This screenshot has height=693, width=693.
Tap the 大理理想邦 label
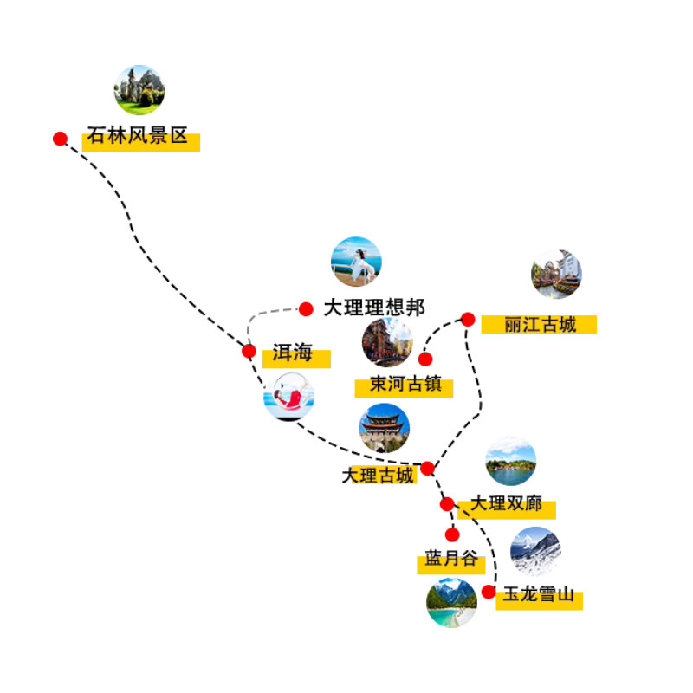tap(374, 308)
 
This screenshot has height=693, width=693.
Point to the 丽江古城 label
tap(541, 325)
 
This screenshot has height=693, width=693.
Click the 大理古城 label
tap(378, 476)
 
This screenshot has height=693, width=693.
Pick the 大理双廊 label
tap(507, 503)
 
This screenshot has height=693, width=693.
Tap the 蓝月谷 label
tap(451, 560)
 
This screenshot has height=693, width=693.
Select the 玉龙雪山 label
tap(539, 595)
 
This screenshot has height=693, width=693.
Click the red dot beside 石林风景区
tap(60, 139)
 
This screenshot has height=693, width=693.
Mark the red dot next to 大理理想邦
tap(306, 308)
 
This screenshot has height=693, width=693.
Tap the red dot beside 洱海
tap(249, 351)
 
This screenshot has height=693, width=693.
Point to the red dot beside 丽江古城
tap(468, 320)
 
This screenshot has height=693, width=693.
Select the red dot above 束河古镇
tap(425, 359)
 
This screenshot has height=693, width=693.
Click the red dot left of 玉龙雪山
tap(489, 593)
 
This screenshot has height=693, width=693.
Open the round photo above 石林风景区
tap(139, 90)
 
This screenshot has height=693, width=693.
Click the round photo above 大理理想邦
tap(356, 262)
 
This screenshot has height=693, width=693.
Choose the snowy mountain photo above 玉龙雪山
tap(535, 552)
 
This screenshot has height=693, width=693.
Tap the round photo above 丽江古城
tap(556, 274)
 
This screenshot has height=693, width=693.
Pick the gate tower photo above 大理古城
tap(384, 428)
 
